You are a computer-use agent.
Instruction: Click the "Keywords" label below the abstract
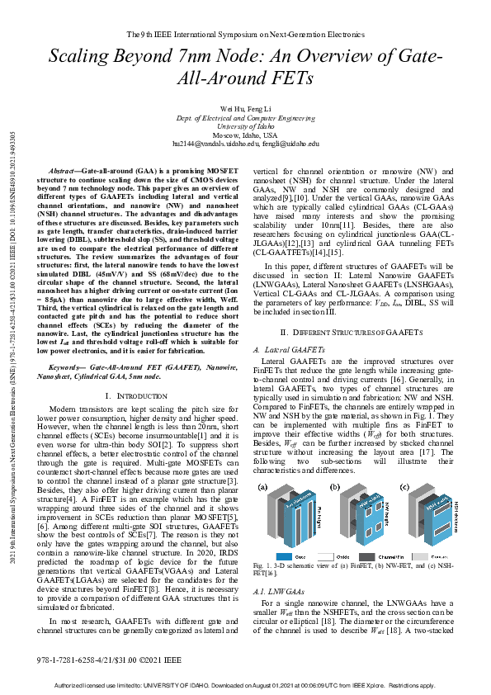pyautogui.click(x=68, y=376)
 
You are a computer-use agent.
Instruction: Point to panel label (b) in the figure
pyautogui.click(x=335, y=488)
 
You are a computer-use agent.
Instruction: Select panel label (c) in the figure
pyautogui.click(x=404, y=488)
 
